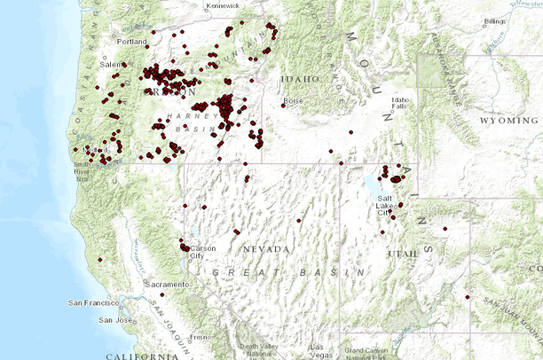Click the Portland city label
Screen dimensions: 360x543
click(131, 42)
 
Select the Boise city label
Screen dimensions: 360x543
click(295, 101)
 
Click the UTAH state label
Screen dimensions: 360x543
click(402, 254)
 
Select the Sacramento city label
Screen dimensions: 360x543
click(168, 284)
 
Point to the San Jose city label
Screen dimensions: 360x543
click(116, 319)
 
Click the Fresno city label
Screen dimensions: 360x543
click(200, 337)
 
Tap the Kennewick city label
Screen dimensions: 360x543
click(224, 5)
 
